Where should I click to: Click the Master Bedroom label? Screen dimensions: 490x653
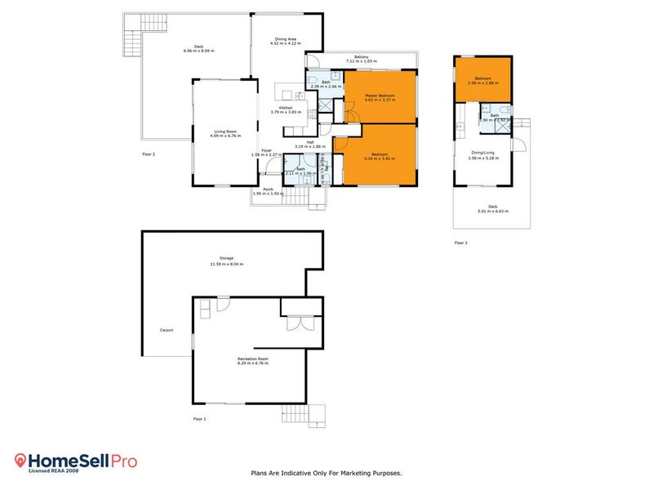[380, 96]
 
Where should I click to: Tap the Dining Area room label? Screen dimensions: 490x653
[286, 39]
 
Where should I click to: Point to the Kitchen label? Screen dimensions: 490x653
[286, 108]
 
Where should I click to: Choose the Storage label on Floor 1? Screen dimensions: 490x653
[226, 258]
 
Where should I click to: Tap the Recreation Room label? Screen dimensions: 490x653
[252, 359]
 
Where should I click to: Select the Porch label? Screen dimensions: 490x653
[268, 189]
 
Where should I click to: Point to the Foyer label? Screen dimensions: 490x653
[266, 150]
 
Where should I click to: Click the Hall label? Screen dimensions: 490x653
[310, 143]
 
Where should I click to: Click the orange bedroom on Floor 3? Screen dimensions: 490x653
[483, 79]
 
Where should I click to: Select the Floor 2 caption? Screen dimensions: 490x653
[149, 154]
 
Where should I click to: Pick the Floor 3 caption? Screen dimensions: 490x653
[461, 243]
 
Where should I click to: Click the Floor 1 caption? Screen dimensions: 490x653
[199, 418]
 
